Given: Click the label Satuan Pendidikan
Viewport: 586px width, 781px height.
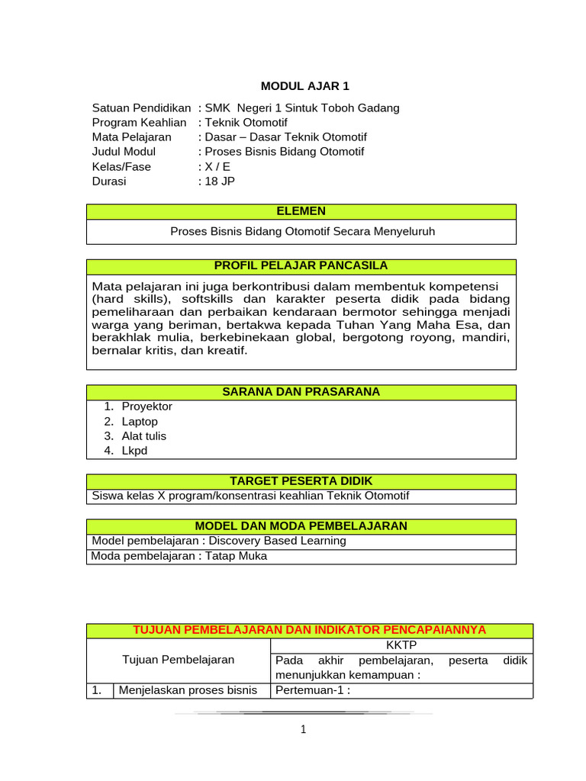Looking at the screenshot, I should pos(141,108).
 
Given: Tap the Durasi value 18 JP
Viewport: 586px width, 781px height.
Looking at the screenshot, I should pos(220,182).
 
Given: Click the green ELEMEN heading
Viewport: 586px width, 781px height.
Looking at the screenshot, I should pos(301,211).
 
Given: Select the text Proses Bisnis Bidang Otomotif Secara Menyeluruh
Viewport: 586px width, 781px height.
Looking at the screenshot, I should pos(302,231).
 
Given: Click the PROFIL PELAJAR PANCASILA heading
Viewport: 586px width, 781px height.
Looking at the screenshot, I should pos(301,266).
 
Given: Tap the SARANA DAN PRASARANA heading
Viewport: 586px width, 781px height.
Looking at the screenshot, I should pos(301,392).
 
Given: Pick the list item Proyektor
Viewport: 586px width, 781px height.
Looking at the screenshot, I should pos(146,407).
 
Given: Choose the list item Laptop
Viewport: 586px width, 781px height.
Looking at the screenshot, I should pos(140,422).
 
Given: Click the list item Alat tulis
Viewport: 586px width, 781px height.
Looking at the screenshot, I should pos(143,436).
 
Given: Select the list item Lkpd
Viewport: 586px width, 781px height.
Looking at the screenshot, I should pos(134,451).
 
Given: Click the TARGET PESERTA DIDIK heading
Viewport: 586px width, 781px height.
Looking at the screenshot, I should pos(301,481).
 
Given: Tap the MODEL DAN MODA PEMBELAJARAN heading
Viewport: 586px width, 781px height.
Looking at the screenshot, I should pos(301,526).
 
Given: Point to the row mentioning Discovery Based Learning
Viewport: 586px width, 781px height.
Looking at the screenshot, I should pos(219,541).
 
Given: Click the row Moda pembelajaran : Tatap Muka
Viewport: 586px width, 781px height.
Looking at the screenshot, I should pos(179,556).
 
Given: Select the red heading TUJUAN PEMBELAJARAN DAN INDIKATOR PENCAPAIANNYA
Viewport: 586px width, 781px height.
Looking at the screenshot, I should pos(310,630).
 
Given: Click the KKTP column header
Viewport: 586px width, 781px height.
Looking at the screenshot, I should pos(401,645).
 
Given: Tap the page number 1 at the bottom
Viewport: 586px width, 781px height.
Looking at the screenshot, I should pos(303,730).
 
